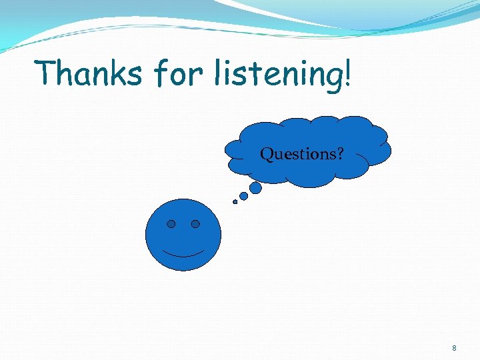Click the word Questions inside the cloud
coord(297,155)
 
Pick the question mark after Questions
coord(340,155)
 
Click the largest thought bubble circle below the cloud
coord(255,189)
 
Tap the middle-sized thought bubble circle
coord(244,196)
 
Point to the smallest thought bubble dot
coord(235,201)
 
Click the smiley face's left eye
coord(171,224)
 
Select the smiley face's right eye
coord(195,224)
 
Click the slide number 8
coord(454,348)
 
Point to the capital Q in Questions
coord(266,155)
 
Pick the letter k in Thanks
coord(120,72)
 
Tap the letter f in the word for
coord(159,73)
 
